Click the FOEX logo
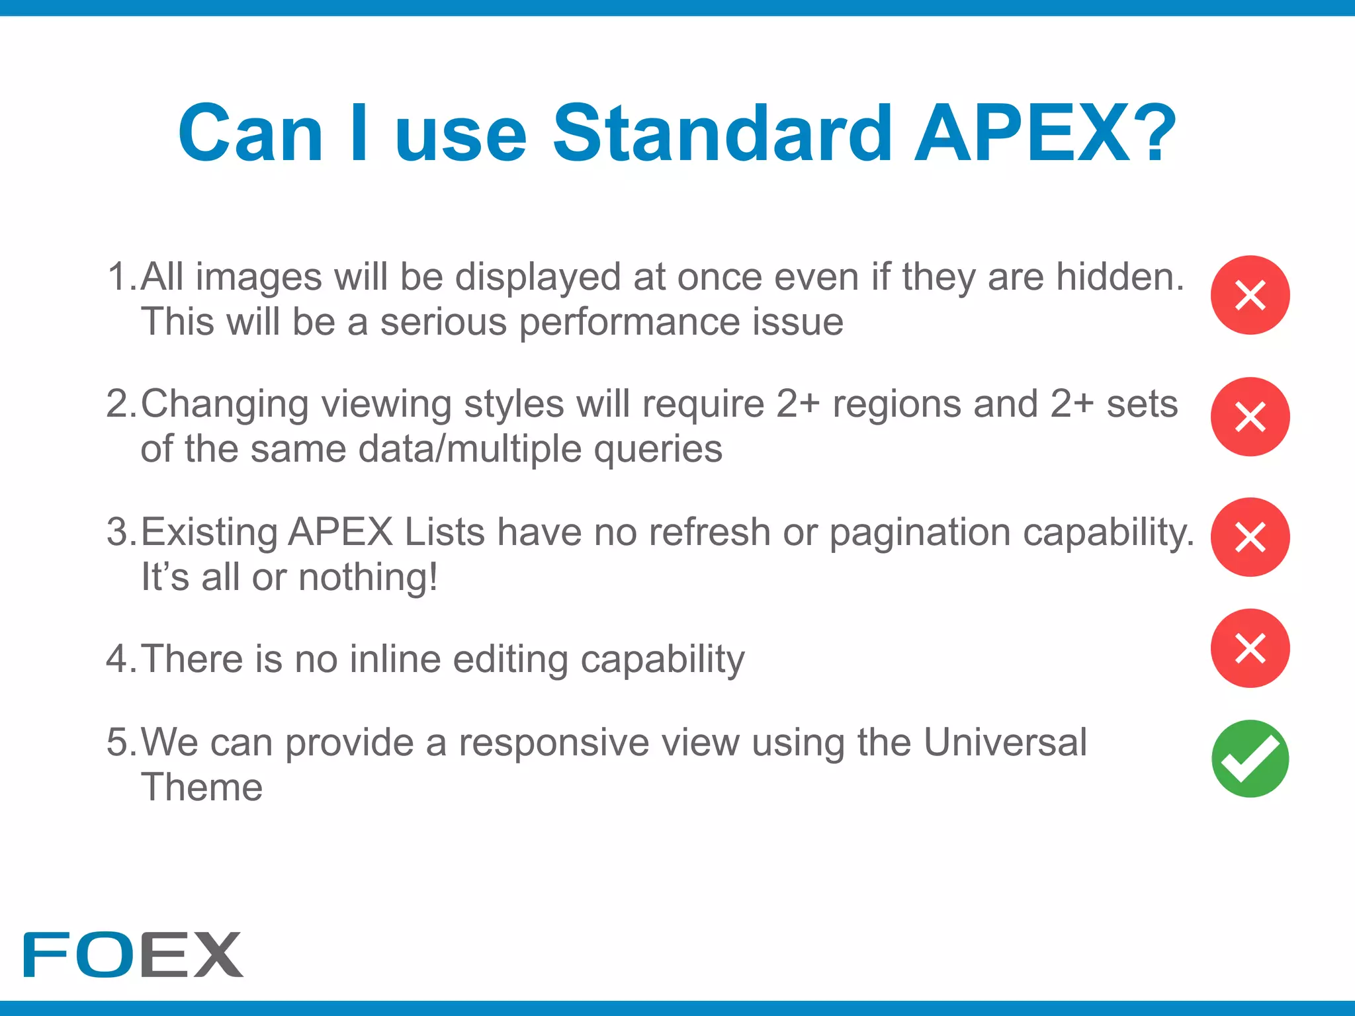coord(133,954)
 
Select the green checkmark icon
coord(1250,759)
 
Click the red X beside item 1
coord(1250,295)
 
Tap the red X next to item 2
coord(1250,417)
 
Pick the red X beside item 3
coord(1250,537)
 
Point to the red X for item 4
coord(1250,648)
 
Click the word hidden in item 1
coord(1119,276)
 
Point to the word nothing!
coord(368,577)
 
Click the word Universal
coord(1005,742)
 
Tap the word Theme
coord(202,787)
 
